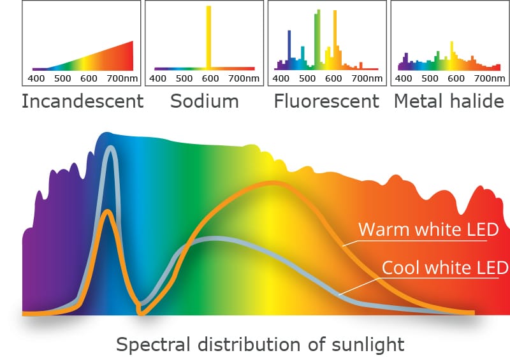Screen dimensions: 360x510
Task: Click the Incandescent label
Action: tap(82, 101)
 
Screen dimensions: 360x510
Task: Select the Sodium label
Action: tap(204, 101)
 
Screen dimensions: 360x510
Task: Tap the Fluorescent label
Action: tap(326, 101)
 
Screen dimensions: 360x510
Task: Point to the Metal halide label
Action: tap(449, 101)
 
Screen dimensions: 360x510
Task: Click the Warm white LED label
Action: tap(428, 229)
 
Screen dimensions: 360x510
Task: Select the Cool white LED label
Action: tap(444, 268)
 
